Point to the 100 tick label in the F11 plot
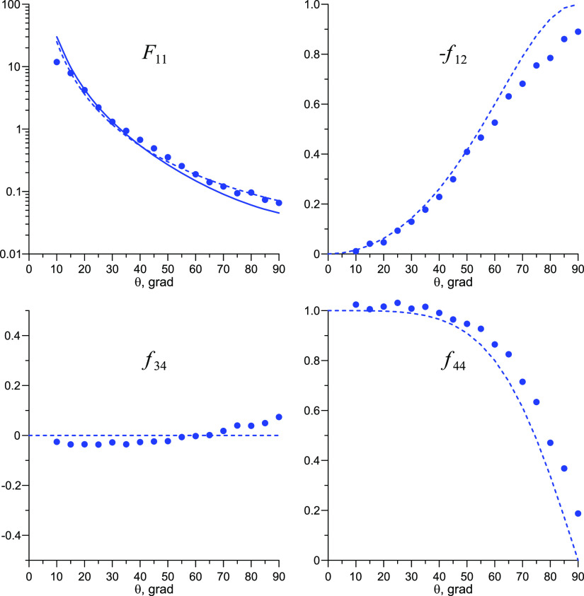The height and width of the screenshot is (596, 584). (14, 5)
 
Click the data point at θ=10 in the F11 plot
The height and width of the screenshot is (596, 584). (57, 62)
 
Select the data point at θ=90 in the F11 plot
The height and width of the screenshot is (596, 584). (279, 203)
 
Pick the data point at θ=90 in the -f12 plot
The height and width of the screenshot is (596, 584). (578, 32)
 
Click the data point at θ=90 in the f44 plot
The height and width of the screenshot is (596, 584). (578, 513)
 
